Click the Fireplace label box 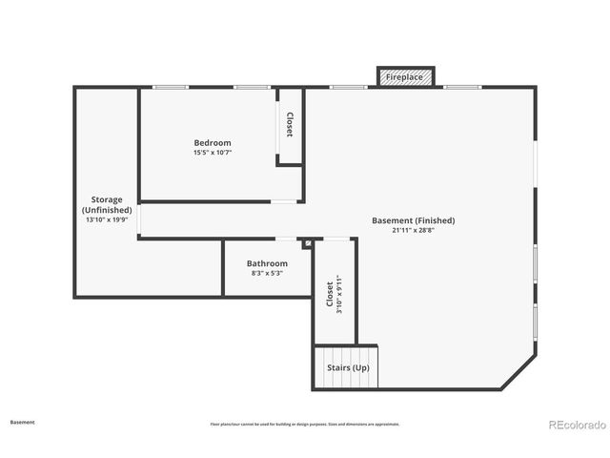(405, 77)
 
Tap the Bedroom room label (213, 143)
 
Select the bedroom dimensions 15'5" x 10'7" (213, 153)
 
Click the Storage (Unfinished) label (106, 205)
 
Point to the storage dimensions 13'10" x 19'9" (106, 219)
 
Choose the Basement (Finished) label (413, 220)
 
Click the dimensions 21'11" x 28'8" (413, 230)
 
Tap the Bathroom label (267, 263)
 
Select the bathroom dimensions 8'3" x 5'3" (267, 274)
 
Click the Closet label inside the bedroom (290, 126)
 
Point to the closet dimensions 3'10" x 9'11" (338, 294)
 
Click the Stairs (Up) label (348, 367)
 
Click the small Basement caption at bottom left (22, 422)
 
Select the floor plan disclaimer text (304, 424)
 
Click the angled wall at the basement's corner (518, 372)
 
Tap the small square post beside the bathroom (307, 244)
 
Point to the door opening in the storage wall (139, 220)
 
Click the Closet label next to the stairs (330, 294)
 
